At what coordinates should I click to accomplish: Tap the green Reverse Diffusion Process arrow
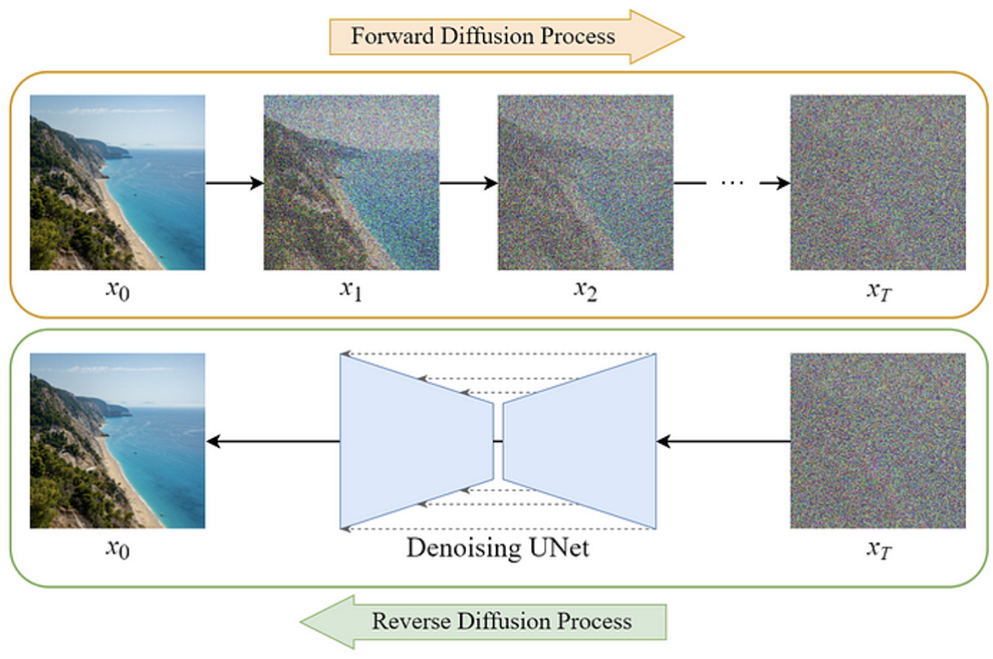coord(483,622)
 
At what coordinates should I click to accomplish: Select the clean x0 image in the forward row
coord(117,182)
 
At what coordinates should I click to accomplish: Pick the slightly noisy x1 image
coord(352,182)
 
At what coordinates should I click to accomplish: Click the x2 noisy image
coord(585,182)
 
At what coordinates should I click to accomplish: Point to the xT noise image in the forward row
coord(878,182)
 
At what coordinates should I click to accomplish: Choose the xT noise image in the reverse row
coord(878,440)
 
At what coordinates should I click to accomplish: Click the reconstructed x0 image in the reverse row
coord(117,440)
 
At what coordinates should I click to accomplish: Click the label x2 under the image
coord(585,291)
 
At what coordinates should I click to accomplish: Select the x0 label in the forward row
coord(118,291)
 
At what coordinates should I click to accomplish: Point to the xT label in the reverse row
coord(879,549)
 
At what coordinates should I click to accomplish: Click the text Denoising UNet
coord(497,547)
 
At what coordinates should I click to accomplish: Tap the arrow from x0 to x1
coord(235,183)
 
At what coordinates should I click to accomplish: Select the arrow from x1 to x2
coord(469,183)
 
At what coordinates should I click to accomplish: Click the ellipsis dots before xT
coord(732,183)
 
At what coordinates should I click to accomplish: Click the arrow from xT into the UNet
coord(724,441)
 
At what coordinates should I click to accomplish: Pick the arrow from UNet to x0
coord(273,441)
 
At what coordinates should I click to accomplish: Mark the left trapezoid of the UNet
coord(417,441)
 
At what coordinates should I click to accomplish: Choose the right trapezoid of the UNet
coord(580,441)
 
